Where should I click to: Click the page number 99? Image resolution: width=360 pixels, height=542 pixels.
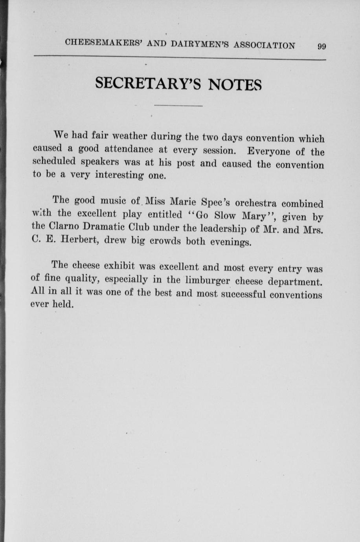pyautogui.click(x=321, y=46)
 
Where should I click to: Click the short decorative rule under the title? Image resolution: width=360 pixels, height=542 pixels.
pyautogui.click(x=178, y=106)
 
